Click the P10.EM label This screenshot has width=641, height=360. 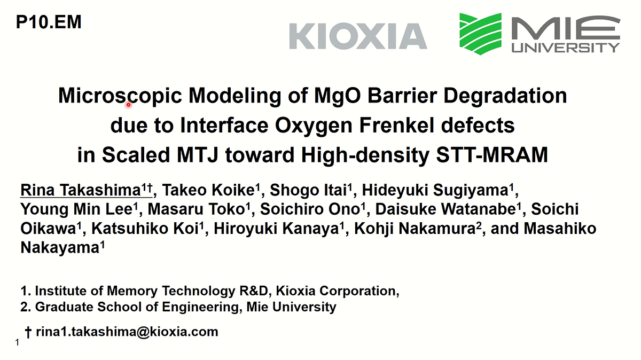click(x=49, y=22)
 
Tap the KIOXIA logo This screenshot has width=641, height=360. click(x=358, y=36)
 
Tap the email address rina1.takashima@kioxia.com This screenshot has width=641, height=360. click(x=127, y=332)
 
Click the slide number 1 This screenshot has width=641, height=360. click(x=18, y=343)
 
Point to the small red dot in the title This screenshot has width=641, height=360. click(x=129, y=105)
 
